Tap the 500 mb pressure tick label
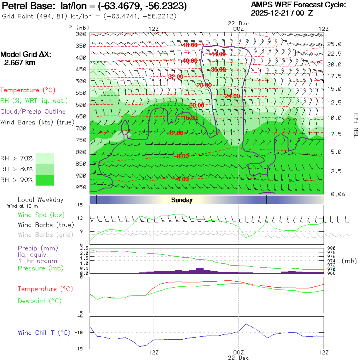[x=81, y=81]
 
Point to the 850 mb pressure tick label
[x=81, y=164]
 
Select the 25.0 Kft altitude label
[x=334, y=44]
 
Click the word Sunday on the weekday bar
[x=182, y=200]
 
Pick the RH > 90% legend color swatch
[x=45, y=180]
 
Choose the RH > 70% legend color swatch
[x=45, y=158]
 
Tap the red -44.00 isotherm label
[x=217, y=54]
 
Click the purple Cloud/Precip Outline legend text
[x=33, y=112]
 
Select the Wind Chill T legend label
[x=44, y=332]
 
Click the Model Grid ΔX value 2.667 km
[x=20, y=63]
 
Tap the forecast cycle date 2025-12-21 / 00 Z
[x=282, y=13]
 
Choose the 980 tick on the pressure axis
[x=332, y=248]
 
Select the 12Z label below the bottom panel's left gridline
[x=154, y=352]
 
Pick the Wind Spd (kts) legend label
[x=41, y=215]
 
